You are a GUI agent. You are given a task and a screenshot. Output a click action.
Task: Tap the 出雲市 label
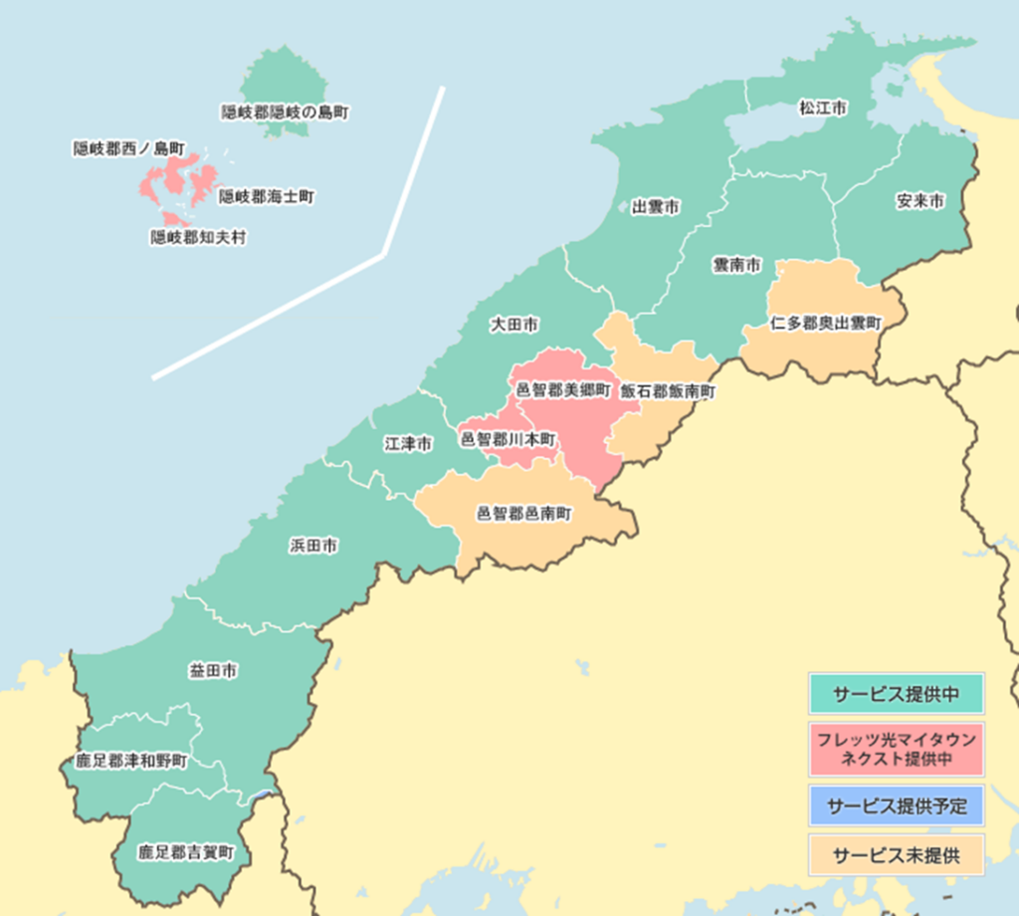(656, 207)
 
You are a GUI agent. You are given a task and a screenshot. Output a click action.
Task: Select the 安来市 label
(919, 201)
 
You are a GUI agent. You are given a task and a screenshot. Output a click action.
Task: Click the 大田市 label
(515, 325)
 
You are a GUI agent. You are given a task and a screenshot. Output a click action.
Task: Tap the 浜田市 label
(313, 546)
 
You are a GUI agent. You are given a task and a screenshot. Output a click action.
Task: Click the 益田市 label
(213, 672)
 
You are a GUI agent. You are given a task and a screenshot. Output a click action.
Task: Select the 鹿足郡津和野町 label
(131, 762)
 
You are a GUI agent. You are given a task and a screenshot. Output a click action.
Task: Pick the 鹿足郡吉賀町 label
(186, 852)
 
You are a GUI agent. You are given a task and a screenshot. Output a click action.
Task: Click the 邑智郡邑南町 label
(523, 514)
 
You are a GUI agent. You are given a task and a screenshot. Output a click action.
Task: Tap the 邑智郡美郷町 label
(563, 391)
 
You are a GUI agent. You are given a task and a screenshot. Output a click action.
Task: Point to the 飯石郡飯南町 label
(669, 391)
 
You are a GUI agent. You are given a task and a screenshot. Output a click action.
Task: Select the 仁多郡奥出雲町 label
(826, 323)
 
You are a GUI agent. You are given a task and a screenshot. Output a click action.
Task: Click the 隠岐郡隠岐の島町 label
(285, 113)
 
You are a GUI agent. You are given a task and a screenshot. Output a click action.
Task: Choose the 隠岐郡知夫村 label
(198, 238)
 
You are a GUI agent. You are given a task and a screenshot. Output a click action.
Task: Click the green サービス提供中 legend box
(896, 694)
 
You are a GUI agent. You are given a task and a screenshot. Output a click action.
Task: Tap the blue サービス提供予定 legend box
(896, 805)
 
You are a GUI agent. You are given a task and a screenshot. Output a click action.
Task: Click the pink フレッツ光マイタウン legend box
(896, 749)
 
